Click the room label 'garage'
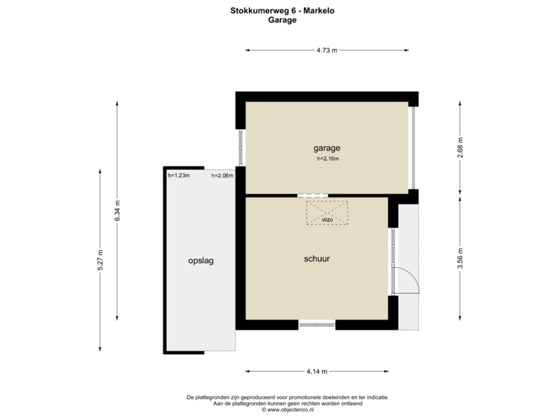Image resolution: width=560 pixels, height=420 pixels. point(327,147)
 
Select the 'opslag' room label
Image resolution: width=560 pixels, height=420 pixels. point(201,261)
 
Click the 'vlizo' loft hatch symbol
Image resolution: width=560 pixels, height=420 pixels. point(327,212)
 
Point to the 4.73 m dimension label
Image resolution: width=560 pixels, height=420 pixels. point(327,51)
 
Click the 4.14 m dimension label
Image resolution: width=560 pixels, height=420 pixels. point(317,370)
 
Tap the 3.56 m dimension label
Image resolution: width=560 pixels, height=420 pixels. point(460,257)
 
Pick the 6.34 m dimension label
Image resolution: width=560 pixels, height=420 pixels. point(117,211)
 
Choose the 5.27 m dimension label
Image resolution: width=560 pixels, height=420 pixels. point(100,261)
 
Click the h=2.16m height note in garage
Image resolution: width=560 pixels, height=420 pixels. point(328,159)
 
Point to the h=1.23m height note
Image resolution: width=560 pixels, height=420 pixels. point(178,176)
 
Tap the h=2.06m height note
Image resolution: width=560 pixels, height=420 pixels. point(222,176)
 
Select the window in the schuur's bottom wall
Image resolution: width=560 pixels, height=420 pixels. point(317,324)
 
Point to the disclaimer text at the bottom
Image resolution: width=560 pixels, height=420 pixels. point(288,401)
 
